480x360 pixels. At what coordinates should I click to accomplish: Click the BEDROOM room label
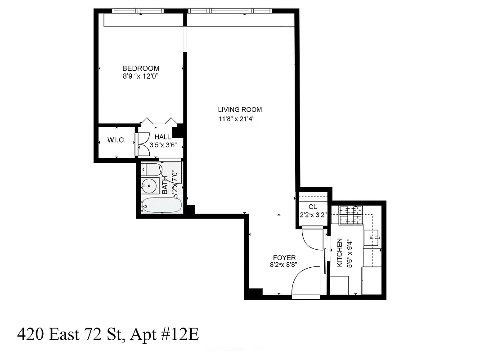(x=141, y=68)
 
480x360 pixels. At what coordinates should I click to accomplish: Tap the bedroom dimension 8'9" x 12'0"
(x=141, y=76)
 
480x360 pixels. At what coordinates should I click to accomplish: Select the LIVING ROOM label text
(x=240, y=109)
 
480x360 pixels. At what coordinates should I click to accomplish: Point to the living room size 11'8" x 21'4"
(x=240, y=119)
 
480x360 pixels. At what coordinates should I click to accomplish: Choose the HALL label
(x=162, y=137)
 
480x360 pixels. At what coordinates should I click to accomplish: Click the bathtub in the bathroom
(x=161, y=206)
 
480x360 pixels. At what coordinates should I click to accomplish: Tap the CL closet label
(x=313, y=207)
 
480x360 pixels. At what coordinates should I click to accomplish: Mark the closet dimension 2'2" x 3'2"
(x=313, y=215)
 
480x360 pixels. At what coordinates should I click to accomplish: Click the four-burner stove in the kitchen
(x=350, y=215)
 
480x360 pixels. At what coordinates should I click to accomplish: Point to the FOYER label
(x=284, y=258)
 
